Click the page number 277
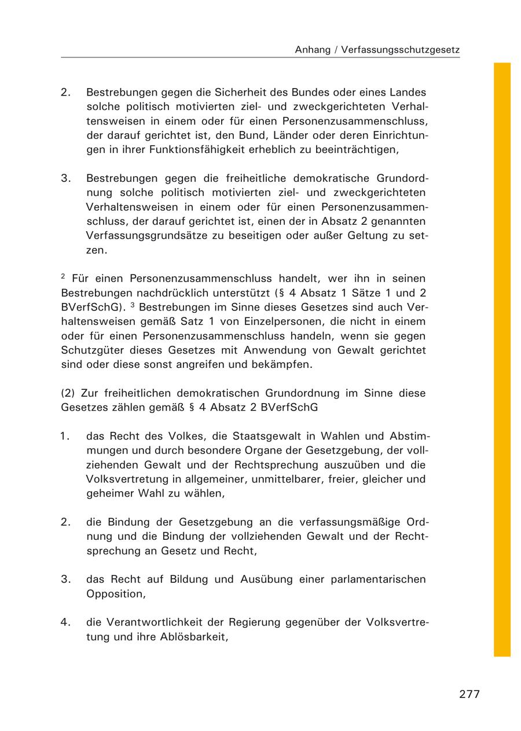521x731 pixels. click(x=469, y=694)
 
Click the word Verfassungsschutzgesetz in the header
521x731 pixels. click(x=401, y=50)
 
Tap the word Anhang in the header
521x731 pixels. click(x=313, y=50)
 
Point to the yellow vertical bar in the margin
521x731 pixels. click(x=502, y=359)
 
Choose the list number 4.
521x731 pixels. click(x=65, y=623)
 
